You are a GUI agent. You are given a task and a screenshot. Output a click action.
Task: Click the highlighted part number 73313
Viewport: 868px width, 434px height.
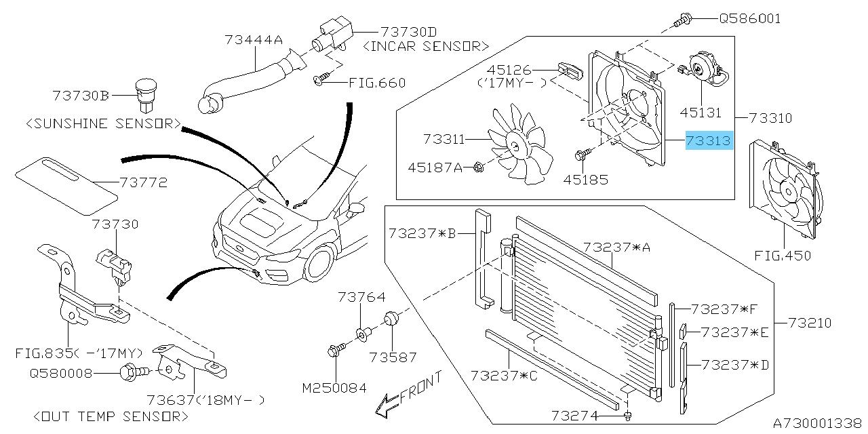[709, 141]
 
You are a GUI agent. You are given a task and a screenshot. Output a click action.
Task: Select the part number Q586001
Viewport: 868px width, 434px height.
[749, 18]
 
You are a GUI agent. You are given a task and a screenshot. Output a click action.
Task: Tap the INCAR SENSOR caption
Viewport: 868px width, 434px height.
[426, 46]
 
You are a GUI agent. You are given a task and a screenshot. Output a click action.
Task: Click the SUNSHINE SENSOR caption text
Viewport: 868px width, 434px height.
[103, 124]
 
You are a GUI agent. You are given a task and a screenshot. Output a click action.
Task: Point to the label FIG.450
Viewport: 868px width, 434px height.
[783, 256]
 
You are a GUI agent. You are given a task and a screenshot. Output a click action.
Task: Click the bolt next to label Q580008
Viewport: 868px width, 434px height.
[131, 372]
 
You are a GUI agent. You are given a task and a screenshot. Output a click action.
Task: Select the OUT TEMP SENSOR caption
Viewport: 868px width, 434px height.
[110, 416]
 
